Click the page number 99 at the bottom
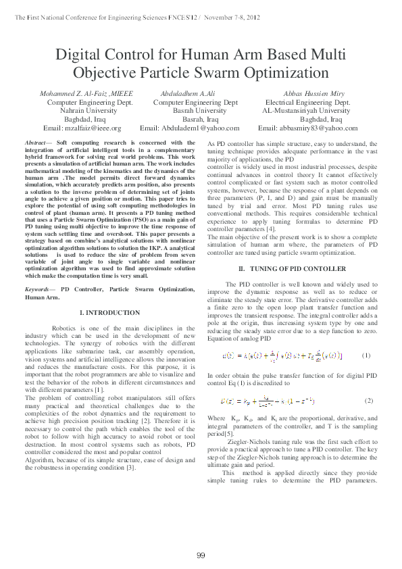pyautogui.click(x=201, y=555)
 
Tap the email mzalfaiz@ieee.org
pyautogui.click(x=82, y=128)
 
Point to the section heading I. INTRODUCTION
pyautogui.click(x=110, y=313)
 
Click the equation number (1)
pyautogui.click(x=366, y=355)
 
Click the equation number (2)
pyautogui.click(x=368, y=401)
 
